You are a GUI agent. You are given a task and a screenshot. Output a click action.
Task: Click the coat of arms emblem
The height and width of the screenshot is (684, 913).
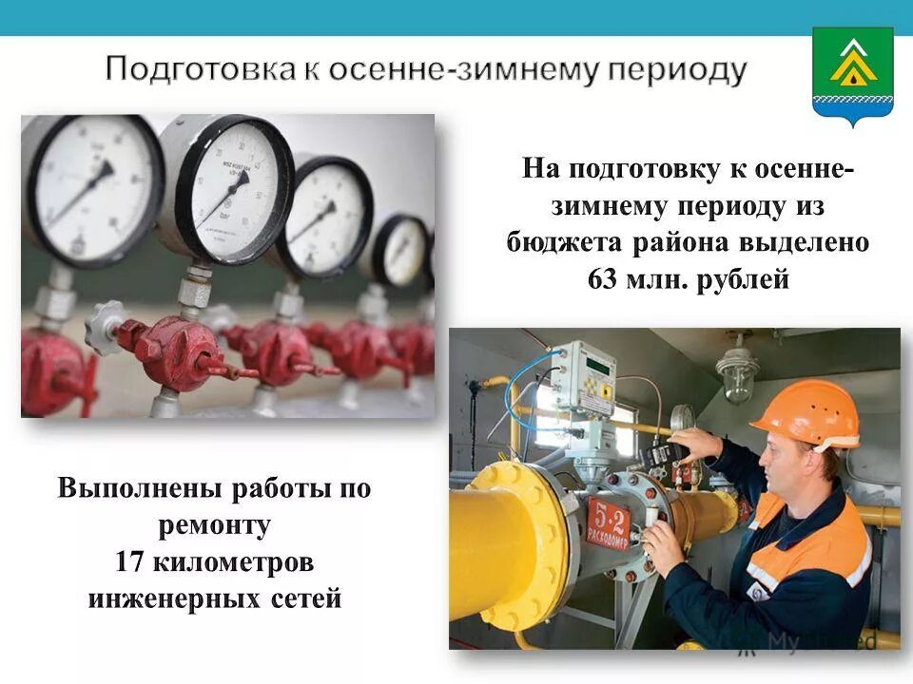852,76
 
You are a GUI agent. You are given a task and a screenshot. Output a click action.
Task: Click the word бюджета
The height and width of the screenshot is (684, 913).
563,241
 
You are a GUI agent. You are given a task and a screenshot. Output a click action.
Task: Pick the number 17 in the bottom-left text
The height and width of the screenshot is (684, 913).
129,562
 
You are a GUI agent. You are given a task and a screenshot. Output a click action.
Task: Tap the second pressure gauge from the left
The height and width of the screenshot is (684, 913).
226,186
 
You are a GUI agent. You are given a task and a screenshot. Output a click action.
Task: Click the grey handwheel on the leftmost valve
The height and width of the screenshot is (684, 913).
106,327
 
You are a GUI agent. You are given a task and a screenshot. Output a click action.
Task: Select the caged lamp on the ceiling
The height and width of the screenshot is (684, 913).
738,372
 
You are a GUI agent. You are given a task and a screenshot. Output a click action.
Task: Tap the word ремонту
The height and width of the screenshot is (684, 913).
215,525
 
